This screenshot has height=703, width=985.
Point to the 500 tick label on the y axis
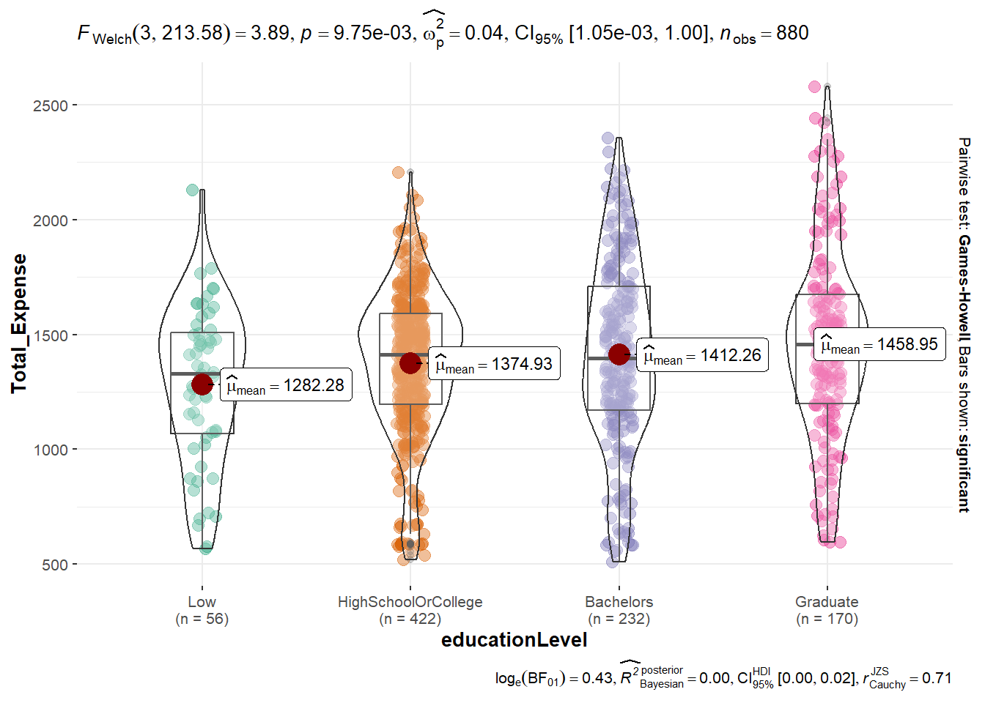(x=54, y=565)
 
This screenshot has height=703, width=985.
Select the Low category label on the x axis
(x=202, y=602)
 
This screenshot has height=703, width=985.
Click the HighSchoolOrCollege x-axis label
(x=410, y=602)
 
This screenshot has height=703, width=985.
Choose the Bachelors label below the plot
(x=619, y=602)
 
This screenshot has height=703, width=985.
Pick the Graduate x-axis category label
(x=827, y=602)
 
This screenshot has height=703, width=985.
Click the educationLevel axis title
(x=514, y=640)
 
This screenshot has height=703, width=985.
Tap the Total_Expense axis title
(x=19, y=324)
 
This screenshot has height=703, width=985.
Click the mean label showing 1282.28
(x=286, y=385)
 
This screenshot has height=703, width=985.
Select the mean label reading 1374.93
(x=494, y=363)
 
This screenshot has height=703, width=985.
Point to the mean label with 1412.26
(x=702, y=355)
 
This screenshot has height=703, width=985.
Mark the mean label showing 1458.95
(x=879, y=344)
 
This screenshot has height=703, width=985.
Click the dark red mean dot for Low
(x=202, y=384)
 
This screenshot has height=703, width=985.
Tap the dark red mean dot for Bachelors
(x=619, y=354)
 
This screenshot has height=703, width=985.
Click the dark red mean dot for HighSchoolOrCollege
(x=410, y=362)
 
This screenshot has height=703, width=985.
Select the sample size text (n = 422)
(x=410, y=619)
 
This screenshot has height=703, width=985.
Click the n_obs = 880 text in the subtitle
(x=764, y=34)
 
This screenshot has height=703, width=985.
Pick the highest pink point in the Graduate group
(x=814, y=87)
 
